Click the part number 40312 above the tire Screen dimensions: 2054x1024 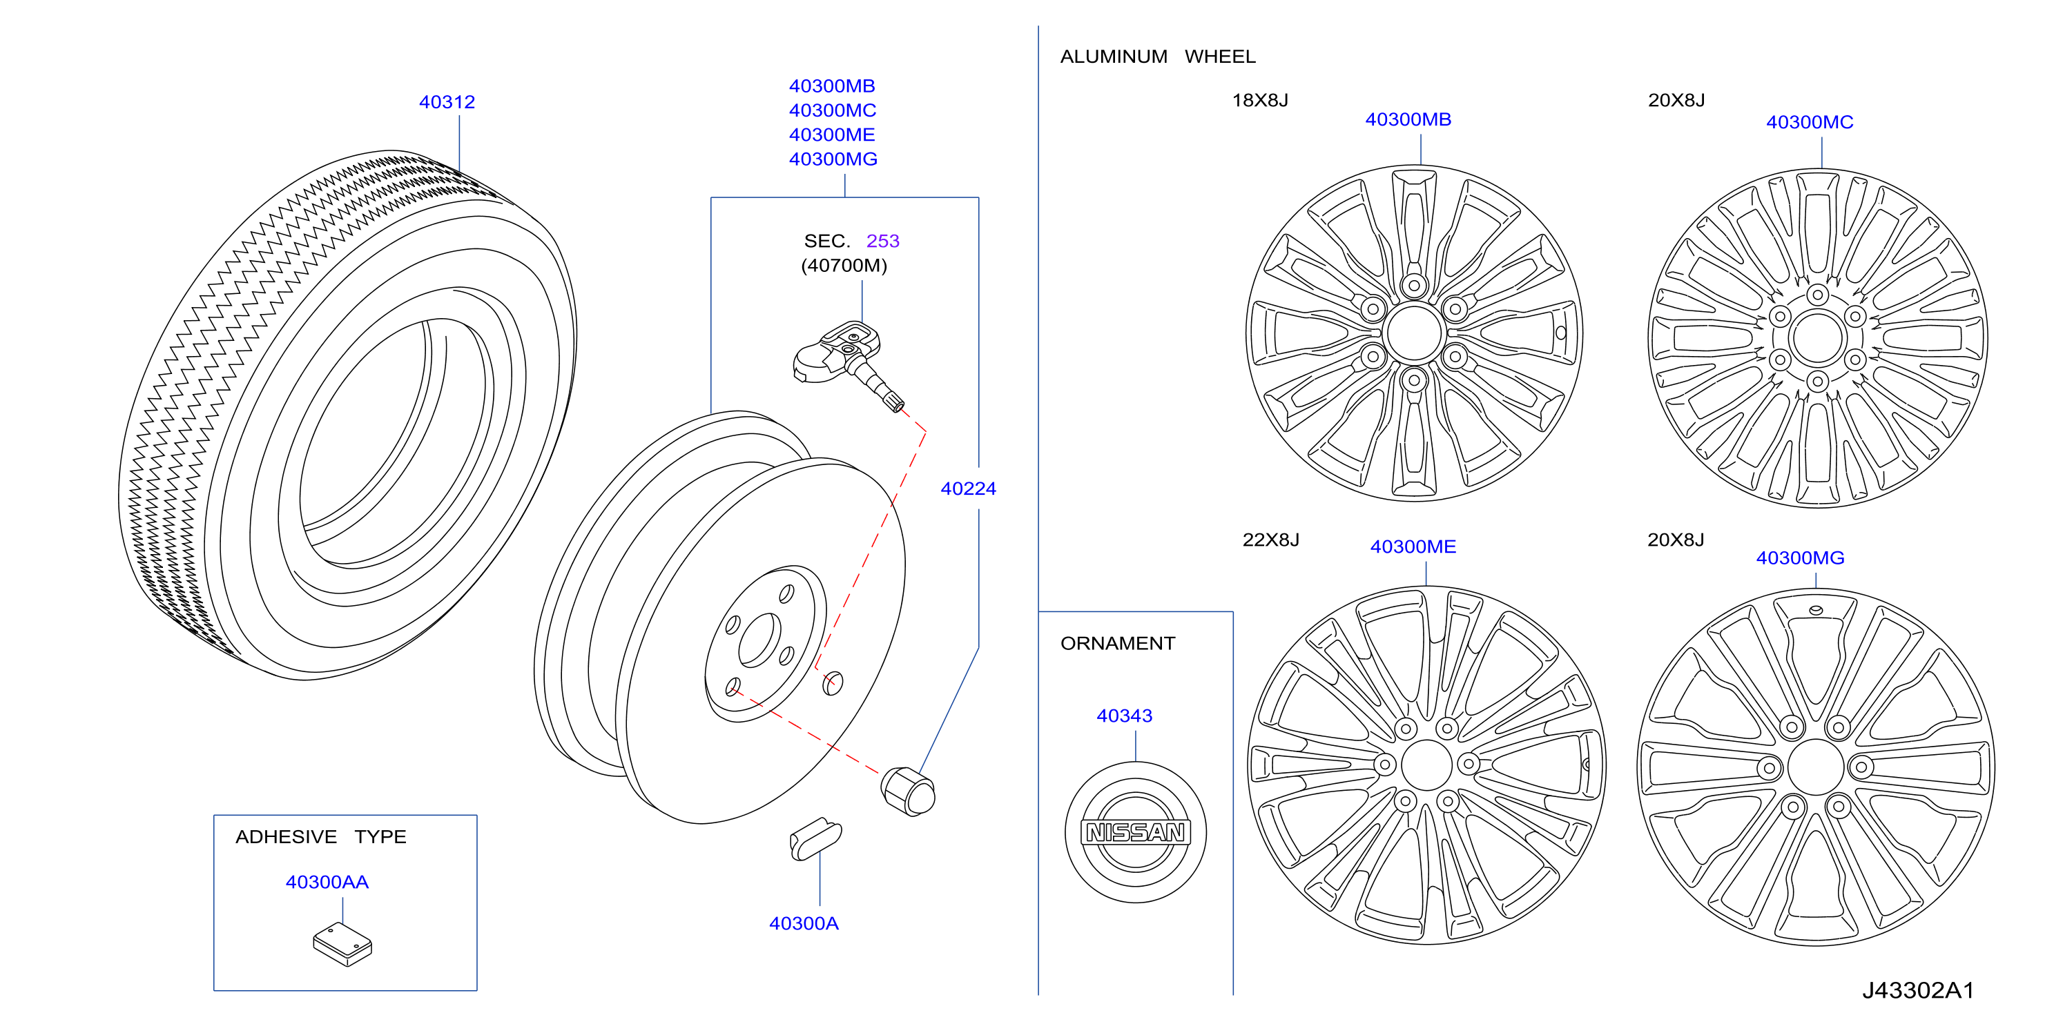pyautogui.click(x=447, y=102)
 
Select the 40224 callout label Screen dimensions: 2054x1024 pyautogui.click(x=968, y=489)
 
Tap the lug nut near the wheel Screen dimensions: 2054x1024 pyautogui.click(x=908, y=791)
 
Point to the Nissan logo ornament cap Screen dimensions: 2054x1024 pyautogui.click(x=1136, y=832)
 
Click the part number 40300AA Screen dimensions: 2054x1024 pyautogui.click(x=327, y=882)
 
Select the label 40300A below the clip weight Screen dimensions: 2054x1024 pyautogui.click(x=804, y=923)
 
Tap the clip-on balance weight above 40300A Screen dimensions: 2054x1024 pyautogui.click(x=815, y=839)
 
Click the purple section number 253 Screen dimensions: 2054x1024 pyautogui.click(x=882, y=241)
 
